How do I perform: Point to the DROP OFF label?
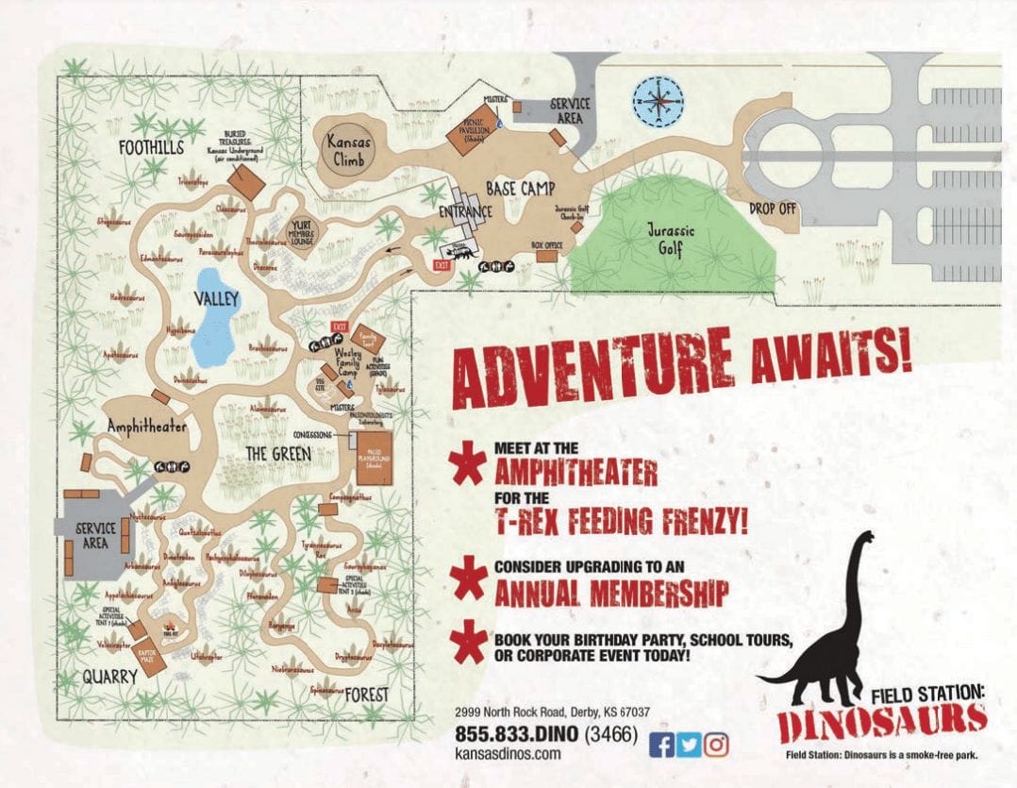click(x=774, y=209)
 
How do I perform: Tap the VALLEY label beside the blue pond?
click(x=217, y=299)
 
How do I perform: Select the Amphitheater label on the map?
click(x=146, y=427)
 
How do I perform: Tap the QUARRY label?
click(x=109, y=676)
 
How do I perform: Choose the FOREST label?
click(x=366, y=695)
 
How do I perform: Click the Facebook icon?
click(x=663, y=745)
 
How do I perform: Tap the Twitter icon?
click(x=690, y=745)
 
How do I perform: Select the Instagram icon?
click(x=717, y=745)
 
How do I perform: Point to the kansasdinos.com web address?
click(x=508, y=753)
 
